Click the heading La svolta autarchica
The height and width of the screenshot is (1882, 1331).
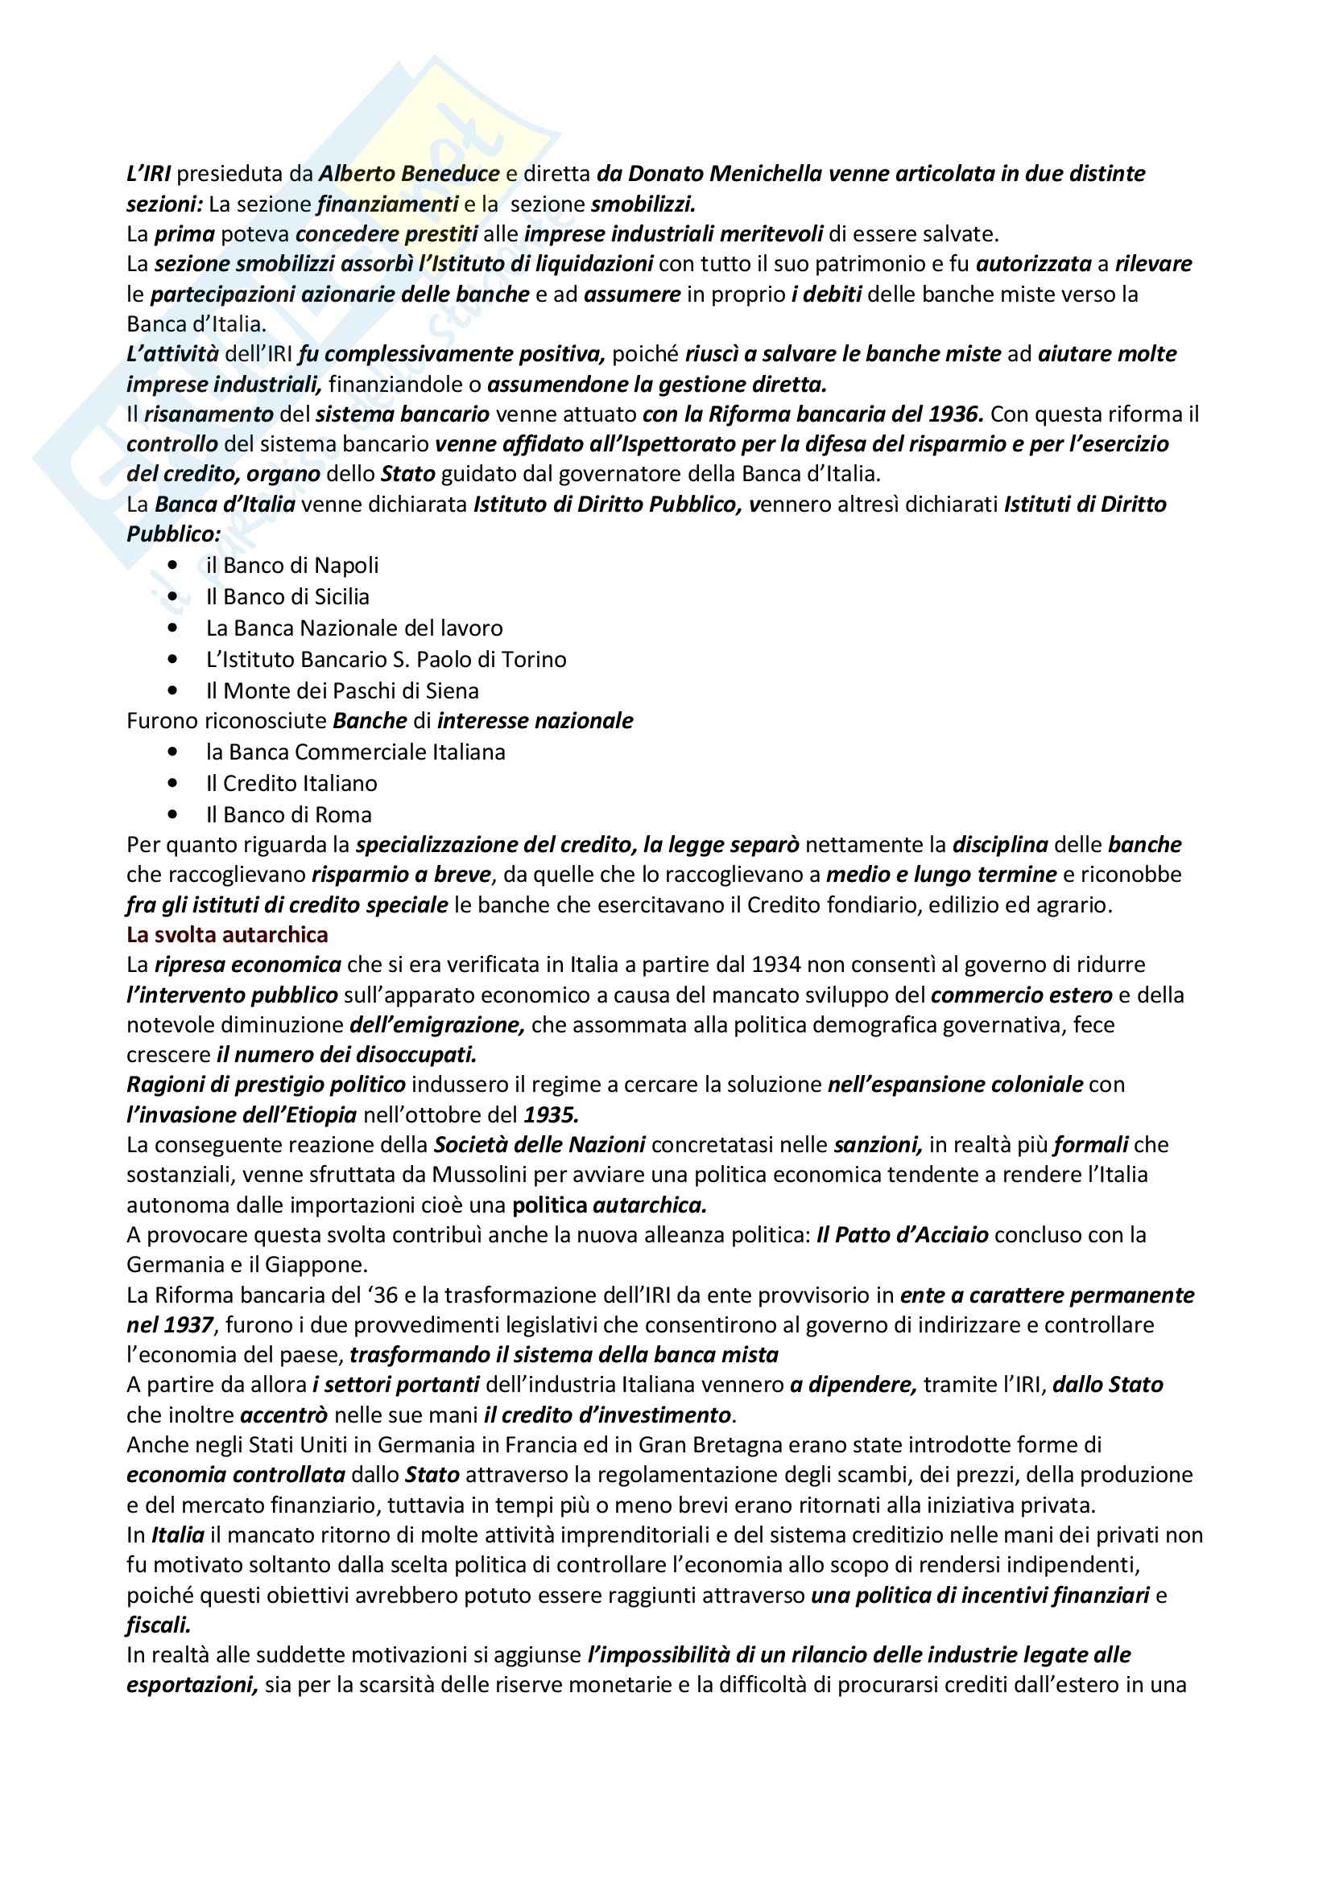click(227, 934)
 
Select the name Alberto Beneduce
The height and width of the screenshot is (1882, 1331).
click(408, 174)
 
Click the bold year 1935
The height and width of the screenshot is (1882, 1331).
click(551, 1114)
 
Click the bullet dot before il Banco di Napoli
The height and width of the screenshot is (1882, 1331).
click(172, 565)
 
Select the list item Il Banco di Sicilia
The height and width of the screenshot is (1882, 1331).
click(287, 597)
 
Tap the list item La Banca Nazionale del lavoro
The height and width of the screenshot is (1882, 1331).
click(354, 628)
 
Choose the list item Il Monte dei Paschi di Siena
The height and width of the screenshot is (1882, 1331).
click(342, 690)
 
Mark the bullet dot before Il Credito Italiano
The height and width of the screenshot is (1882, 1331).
click(172, 784)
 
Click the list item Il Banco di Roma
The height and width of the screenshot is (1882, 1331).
click(289, 815)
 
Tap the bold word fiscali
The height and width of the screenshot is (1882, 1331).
click(159, 1625)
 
